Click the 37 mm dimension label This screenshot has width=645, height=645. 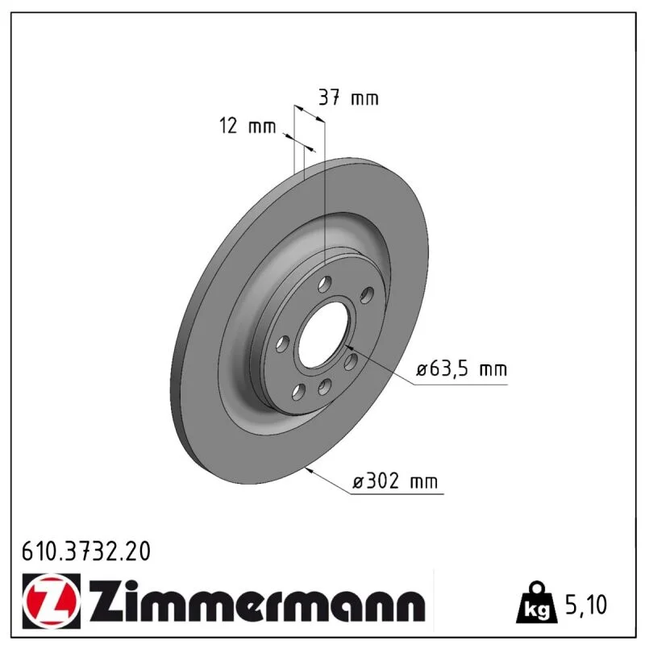click(x=348, y=98)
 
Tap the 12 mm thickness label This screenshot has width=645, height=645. click(x=248, y=126)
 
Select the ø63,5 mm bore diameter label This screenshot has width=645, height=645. click(x=461, y=369)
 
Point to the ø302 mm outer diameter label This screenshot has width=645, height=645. click(x=395, y=481)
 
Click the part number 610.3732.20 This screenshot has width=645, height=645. click(x=86, y=551)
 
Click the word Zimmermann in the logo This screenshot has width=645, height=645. click(x=257, y=601)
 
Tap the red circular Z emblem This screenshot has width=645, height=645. click(x=51, y=601)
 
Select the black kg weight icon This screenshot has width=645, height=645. click(x=537, y=601)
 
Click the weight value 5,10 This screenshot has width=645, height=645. click(x=586, y=605)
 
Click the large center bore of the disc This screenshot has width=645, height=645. click(x=323, y=334)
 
